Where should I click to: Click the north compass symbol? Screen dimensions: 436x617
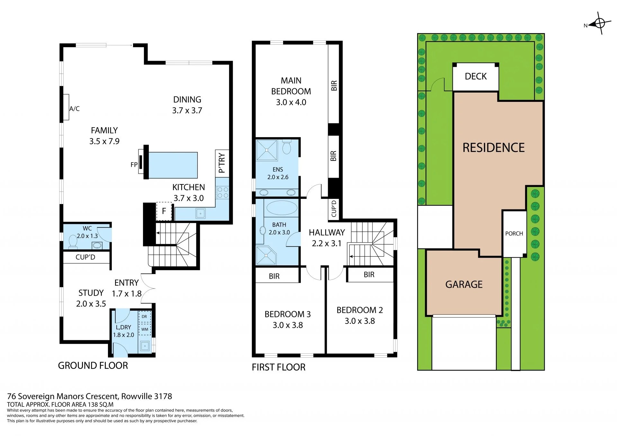point(599,23)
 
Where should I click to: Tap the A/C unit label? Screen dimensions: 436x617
point(74,109)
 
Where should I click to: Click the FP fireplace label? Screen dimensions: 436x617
point(134,165)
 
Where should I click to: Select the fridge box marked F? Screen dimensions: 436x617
point(164,211)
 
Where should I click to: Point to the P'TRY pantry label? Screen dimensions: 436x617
point(222,163)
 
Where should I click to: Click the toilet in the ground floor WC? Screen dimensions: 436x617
point(73,241)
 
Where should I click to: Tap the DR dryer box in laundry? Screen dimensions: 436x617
point(144,316)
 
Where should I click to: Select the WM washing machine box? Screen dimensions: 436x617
point(145,329)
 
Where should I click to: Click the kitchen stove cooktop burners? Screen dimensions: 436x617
point(222,192)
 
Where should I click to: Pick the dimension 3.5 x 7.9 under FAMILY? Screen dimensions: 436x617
point(104,141)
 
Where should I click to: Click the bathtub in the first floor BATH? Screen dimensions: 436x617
point(282,208)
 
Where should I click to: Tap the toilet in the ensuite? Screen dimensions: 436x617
point(287,147)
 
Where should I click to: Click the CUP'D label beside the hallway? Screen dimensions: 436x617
point(334,209)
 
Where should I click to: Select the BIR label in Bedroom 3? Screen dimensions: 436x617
point(274,276)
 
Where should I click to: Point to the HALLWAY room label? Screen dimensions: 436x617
point(326,232)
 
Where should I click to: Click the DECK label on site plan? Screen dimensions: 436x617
point(476,76)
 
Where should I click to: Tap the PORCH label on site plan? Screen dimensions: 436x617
point(514,234)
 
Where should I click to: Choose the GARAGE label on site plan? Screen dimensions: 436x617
point(464,284)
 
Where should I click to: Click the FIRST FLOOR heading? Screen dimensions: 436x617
point(278,367)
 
